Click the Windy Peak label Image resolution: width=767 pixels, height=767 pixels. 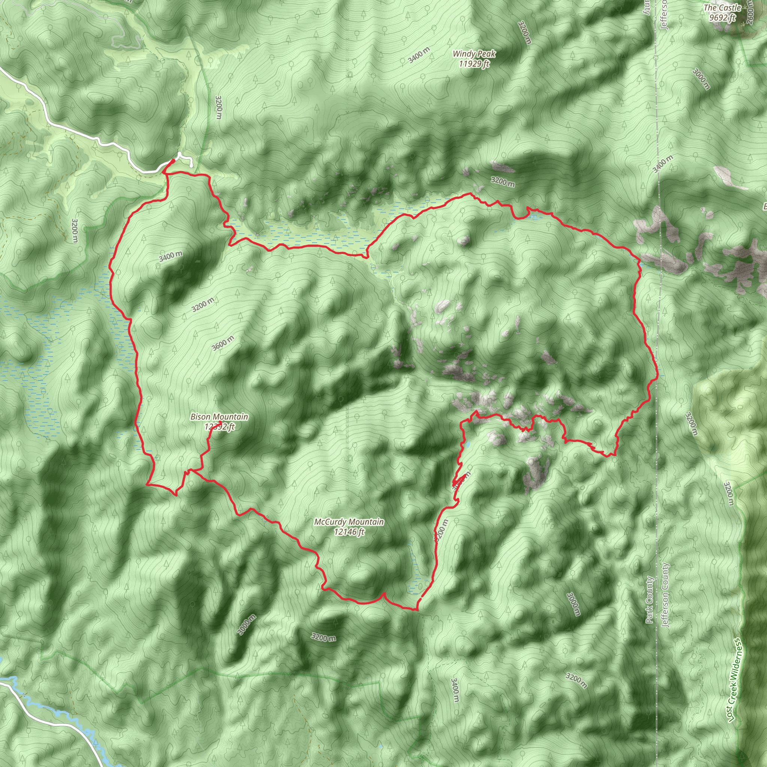pos(474,54)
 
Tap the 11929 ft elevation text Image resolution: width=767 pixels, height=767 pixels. pos(474,64)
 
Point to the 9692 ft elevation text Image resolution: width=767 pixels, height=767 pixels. pos(722,18)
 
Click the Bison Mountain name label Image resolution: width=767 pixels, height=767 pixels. pos(219,417)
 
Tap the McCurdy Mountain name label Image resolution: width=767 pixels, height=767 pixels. pos(349,522)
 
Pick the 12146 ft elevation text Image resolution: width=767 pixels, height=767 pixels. pos(349,531)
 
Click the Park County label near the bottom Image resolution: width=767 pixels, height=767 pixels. pos(649,600)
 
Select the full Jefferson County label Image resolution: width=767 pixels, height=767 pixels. pos(666,595)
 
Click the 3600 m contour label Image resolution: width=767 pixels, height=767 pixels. pos(222,343)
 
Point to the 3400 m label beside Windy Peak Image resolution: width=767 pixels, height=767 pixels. pos(419,55)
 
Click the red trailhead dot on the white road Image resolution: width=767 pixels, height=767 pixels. pos(173,161)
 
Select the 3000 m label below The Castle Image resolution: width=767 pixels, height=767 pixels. pos(701,79)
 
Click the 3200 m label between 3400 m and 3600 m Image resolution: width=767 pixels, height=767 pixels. pos(203,304)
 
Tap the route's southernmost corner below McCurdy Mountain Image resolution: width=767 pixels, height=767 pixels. pos(416,609)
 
